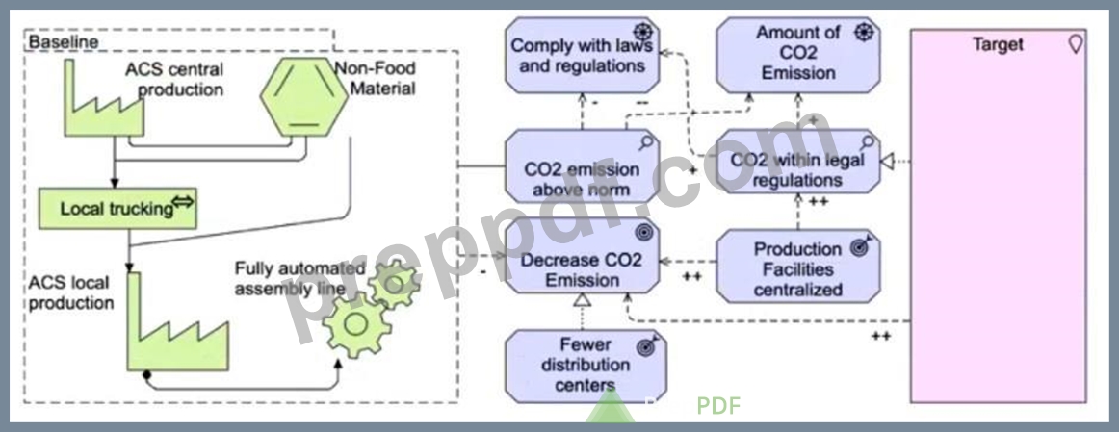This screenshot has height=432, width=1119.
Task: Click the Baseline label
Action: coord(63,42)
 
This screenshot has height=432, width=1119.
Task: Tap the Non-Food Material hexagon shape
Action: coord(304,97)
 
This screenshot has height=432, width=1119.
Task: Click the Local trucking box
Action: coord(117,209)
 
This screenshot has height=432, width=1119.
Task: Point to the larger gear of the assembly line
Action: coord(356,324)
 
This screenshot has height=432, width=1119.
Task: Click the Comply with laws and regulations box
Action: coord(582,56)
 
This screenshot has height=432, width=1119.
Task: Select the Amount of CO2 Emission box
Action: coord(798,56)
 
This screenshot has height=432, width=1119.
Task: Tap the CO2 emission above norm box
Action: coord(582,166)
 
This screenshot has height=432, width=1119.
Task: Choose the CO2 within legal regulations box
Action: coord(798,161)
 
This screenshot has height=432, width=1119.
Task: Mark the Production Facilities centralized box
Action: coord(798,266)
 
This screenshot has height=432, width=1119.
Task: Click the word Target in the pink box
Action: coord(998,44)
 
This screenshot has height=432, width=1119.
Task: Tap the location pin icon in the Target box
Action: coord(1075,45)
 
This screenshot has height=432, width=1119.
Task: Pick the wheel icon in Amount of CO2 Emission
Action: coord(865,32)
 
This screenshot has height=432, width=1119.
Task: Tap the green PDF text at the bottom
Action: coord(718,406)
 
